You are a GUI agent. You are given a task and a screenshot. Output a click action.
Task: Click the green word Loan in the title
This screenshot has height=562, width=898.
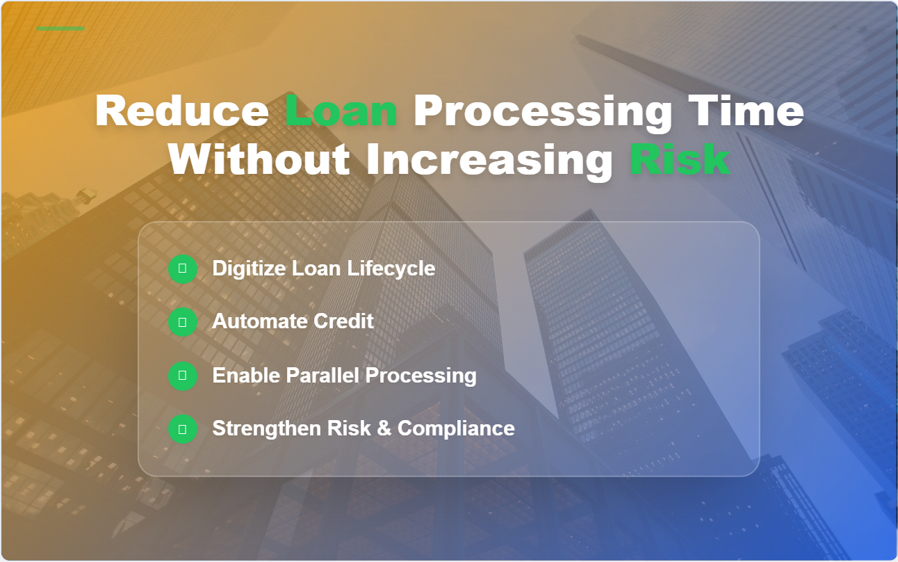pos(341,111)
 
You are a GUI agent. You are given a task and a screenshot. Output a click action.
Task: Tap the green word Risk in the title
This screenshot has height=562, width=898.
pos(679,160)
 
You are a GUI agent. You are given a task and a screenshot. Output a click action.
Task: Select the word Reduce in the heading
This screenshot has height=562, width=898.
pos(182,111)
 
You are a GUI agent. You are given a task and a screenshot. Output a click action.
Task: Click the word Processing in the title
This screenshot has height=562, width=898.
pos(543,111)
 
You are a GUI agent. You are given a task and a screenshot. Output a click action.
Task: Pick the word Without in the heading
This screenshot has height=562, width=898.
pos(259,160)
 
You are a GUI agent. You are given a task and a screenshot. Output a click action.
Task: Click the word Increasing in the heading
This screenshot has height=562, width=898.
pos(489,160)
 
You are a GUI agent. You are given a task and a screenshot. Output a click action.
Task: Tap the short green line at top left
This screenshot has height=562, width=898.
pos(60,29)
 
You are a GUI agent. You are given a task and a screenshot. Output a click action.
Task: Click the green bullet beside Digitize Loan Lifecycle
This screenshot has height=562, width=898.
pos(183,268)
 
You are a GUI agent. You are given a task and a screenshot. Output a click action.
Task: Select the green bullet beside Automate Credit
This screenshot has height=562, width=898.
pos(183,322)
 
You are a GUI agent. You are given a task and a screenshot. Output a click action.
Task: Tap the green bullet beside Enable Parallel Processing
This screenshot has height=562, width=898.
pos(183,376)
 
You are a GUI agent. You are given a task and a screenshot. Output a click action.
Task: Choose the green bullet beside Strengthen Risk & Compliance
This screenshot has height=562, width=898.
pos(183,428)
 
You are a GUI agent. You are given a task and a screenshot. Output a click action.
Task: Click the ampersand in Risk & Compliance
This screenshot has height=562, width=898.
pos(384,428)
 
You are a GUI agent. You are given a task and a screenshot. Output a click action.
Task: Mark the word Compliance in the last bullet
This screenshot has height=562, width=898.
pos(456,428)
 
